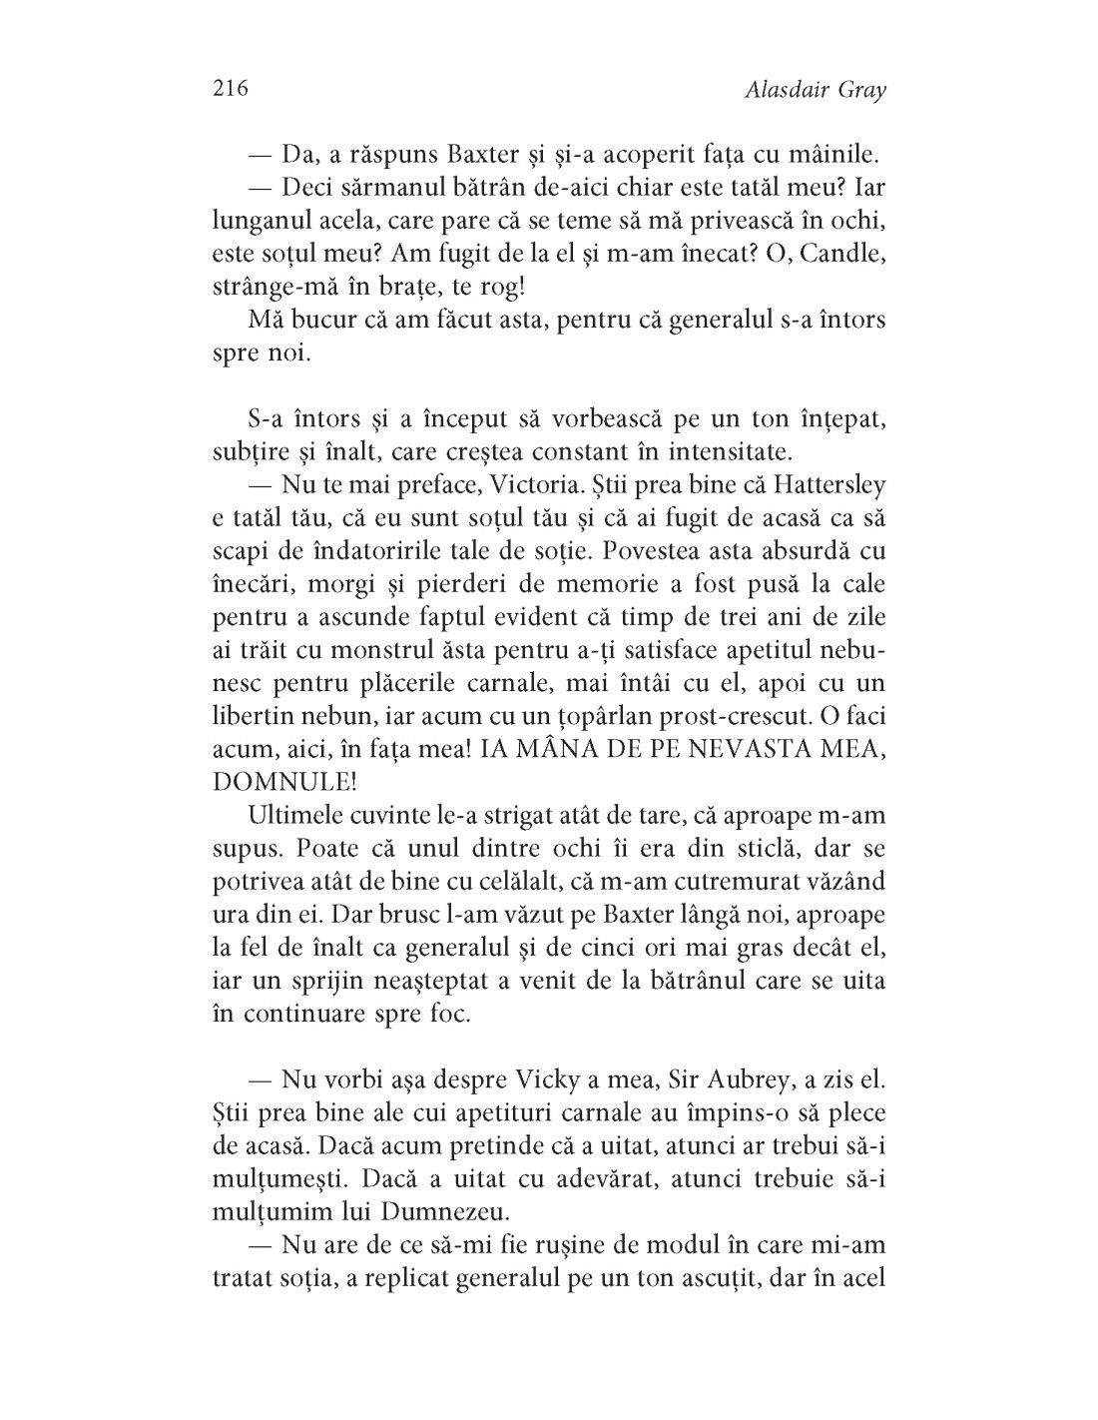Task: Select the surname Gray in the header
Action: tap(859, 92)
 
